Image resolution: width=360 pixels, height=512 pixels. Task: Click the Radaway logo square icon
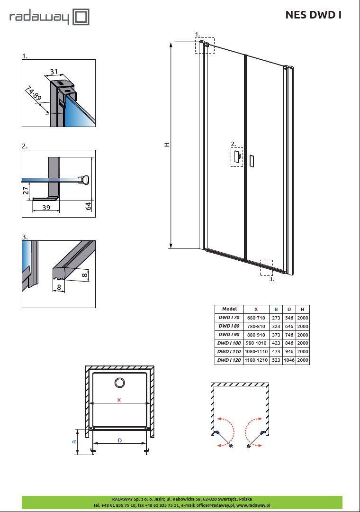(x=81, y=17)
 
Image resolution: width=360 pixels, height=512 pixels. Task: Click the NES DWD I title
(x=313, y=15)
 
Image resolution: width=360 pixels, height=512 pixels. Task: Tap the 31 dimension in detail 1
(x=54, y=72)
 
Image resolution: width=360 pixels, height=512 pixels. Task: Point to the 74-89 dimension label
(x=34, y=93)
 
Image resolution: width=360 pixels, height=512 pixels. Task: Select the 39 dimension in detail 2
(x=46, y=207)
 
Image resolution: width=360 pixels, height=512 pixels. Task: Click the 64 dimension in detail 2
(x=88, y=206)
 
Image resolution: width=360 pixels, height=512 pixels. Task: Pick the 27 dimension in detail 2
(x=26, y=191)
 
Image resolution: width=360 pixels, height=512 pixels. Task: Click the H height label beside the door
(x=167, y=144)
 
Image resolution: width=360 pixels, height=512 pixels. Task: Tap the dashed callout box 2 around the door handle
(x=237, y=157)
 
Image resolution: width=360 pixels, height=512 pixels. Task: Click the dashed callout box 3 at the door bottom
(x=266, y=268)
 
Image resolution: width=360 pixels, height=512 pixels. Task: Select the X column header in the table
(x=256, y=309)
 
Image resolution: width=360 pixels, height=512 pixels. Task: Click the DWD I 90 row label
(x=229, y=334)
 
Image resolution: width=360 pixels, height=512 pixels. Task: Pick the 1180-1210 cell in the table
(x=256, y=360)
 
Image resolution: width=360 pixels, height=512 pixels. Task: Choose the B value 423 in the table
(x=276, y=343)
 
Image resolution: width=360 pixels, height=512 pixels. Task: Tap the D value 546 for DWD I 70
(x=289, y=318)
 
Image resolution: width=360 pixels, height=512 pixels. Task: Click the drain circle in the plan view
(x=119, y=383)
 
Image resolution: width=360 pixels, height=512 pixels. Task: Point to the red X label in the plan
(x=119, y=400)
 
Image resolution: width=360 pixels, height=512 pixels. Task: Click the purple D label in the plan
(x=120, y=440)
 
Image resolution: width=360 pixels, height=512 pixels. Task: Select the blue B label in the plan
(x=74, y=442)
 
